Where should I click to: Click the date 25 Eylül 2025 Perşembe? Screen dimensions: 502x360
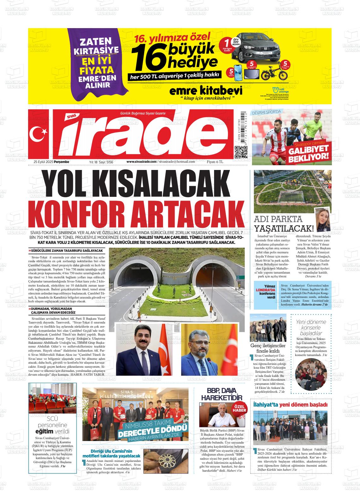(51, 162)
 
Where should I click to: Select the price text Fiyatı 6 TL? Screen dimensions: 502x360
(215, 162)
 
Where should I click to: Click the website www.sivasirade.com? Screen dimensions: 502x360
(141, 162)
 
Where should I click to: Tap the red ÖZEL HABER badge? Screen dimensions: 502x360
(239, 408)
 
